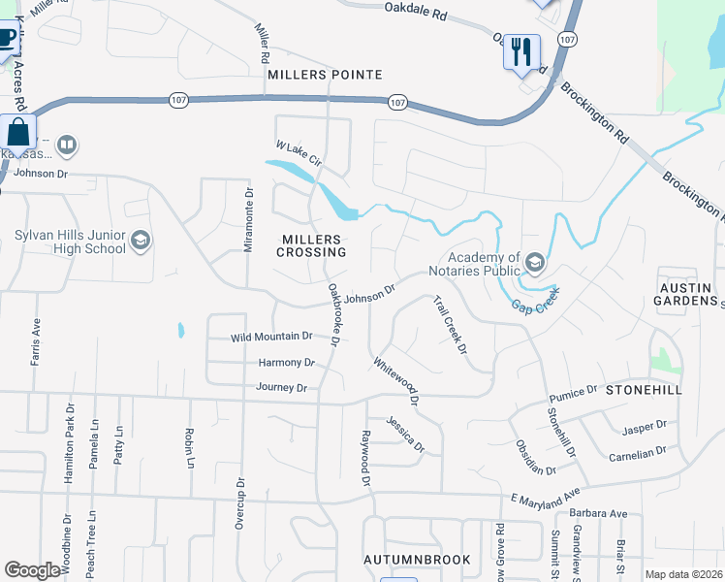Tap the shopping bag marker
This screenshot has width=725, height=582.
(x=17, y=131)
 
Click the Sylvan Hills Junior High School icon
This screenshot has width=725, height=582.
(x=141, y=241)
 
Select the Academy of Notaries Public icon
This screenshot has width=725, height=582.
(x=534, y=262)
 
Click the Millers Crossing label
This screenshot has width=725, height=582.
(x=311, y=245)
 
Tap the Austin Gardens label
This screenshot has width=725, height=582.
(x=686, y=293)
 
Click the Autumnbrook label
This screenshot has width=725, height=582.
(x=417, y=560)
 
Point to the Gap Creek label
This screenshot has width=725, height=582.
(x=536, y=299)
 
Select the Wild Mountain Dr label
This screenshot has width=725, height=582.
(x=271, y=338)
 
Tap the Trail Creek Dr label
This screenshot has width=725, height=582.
(x=450, y=324)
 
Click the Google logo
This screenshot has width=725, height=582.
(x=32, y=570)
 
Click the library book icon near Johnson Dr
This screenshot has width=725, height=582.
(x=66, y=146)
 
